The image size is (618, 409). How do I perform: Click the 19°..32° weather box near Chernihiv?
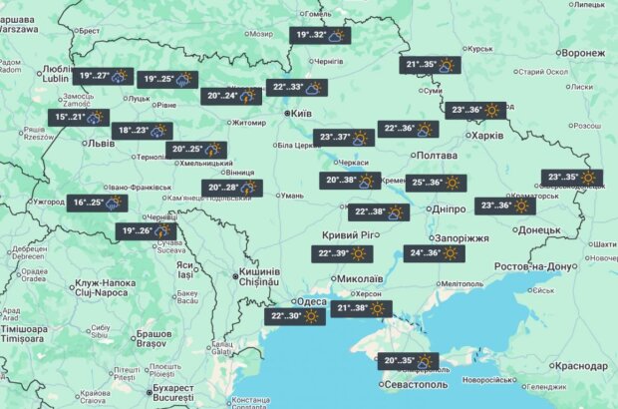coord(320,36)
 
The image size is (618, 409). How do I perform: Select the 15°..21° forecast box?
coord(79,117)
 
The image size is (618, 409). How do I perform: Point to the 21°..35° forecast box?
coord(430,66)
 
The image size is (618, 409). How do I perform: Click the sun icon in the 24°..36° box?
coord(451,253)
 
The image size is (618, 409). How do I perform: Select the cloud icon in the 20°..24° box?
coord(247,96)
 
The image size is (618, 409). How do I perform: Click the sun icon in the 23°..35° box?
coord(589,179)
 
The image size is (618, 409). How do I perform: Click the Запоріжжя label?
coord(463,238)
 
